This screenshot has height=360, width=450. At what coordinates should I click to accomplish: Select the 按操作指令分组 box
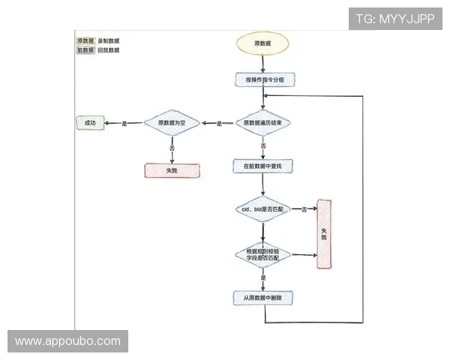click(x=263, y=79)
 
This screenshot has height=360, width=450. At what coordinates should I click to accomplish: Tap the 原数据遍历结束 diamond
click(x=263, y=123)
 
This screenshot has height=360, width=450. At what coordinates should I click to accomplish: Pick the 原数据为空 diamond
click(x=172, y=123)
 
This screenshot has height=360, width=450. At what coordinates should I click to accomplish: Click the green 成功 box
click(x=90, y=123)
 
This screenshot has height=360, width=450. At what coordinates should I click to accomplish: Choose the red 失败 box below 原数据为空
click(x=172, y=170)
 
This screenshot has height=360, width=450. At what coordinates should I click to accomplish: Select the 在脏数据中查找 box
click(x=263, y=164)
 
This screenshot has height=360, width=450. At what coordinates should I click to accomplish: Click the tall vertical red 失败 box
click(x=324, y=233)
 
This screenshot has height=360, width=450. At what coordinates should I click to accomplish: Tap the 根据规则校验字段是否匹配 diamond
click(x=262, y=253)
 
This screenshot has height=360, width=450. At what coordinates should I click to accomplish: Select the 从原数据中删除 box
click(x=263, y=298)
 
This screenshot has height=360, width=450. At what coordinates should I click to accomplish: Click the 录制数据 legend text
click(x=109, y=41)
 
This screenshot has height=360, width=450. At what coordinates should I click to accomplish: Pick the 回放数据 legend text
click(x=109, y=51)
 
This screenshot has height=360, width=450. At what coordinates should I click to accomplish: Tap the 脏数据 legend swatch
click(x=85, y=51)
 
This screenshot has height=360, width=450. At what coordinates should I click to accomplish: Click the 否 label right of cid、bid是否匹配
click(x=304, y=209)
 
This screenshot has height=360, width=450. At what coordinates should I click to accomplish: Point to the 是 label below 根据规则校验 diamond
click(x=263, y=278)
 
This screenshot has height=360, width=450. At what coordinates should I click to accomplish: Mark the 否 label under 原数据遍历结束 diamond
click(x=263, y=145)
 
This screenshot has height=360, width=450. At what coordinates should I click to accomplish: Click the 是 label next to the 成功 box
click(x=124, y=123)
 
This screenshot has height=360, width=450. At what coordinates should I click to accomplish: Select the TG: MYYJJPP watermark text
click(x=394, y=19)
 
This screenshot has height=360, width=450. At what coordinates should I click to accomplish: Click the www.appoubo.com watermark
click(x=67, y=341)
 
